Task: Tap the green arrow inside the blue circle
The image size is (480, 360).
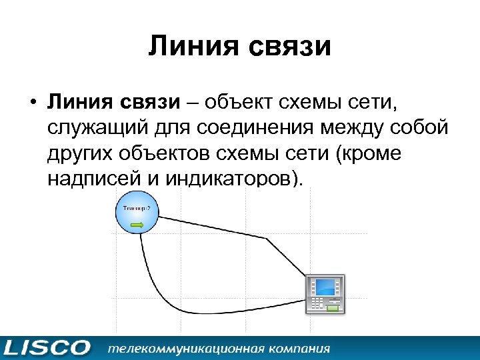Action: pos(137,225)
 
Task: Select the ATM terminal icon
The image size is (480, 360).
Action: pos(325,294)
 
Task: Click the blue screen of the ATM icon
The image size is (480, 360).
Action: pos(325,288)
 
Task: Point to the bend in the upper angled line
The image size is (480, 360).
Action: pos(267,238)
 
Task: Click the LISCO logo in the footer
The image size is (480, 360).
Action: pos(46,348)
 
